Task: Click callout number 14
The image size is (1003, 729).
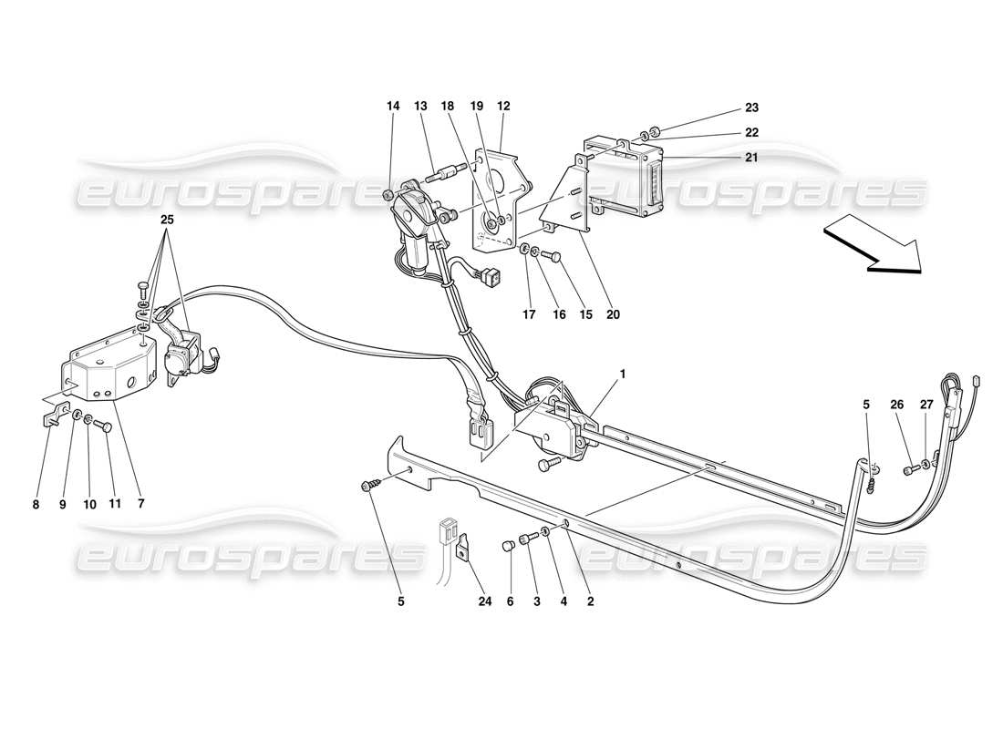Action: click(x=393, y=107)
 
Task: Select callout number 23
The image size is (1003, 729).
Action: click(x=752, y=107)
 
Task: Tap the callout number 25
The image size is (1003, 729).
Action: click(x=168, y=220)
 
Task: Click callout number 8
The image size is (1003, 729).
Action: click(x=36, y=503)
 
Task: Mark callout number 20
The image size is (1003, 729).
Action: click(x=613, y=314)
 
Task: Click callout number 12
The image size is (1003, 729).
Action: click(x=502, y=107)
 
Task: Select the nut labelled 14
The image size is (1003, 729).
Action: click(x=388, y=194)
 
